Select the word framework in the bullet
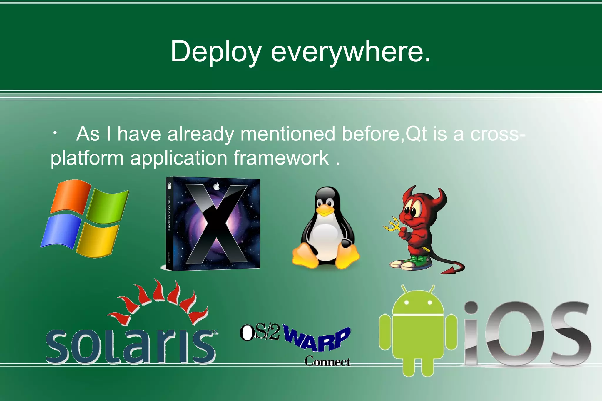(x=281, y=158)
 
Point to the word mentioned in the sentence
(x=288, y=134)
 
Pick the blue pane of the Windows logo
(x=61, y=231)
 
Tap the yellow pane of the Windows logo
(x=98, y=239)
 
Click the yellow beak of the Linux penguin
(x=325, y=210)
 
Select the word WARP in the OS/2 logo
(x=317, y=339)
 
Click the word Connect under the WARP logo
(x=327, y=361)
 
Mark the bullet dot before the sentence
(x=55, y=134)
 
